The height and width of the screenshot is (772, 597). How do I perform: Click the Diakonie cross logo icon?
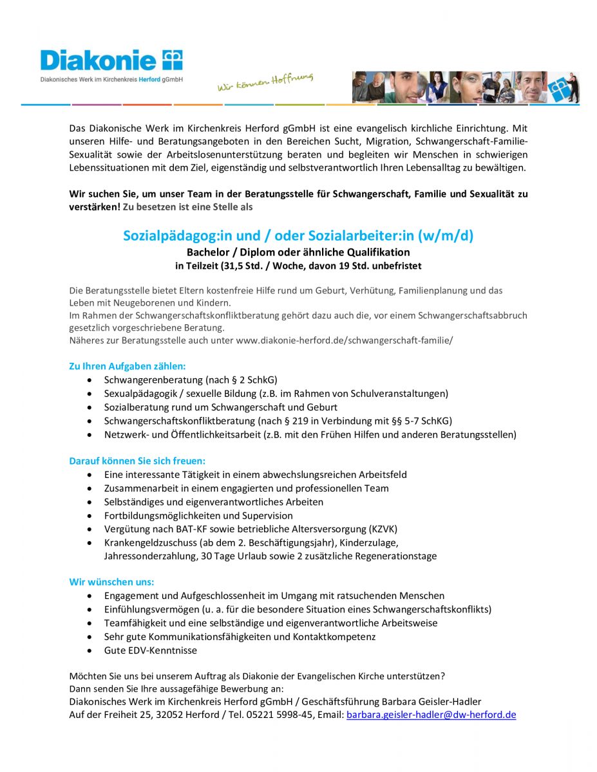pos(172,60)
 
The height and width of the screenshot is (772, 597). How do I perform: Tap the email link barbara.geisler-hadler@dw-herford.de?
pos(431,715)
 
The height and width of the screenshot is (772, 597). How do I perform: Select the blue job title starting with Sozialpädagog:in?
pos(298,236)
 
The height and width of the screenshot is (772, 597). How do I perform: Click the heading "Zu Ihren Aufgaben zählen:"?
pos(127,366)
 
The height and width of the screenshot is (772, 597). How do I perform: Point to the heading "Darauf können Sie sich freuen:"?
pos(137,461)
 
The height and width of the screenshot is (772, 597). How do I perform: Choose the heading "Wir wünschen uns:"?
pos(111,582)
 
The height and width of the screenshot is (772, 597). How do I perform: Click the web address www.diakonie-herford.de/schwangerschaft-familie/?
pos(345,339)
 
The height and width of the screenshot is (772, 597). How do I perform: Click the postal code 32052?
pos(169,715)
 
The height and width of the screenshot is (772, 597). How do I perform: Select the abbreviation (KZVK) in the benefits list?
pos(383,529)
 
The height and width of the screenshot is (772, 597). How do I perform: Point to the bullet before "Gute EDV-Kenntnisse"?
pos(89,650)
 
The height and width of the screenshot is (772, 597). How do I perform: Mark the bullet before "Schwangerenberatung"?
pos(89,380)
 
